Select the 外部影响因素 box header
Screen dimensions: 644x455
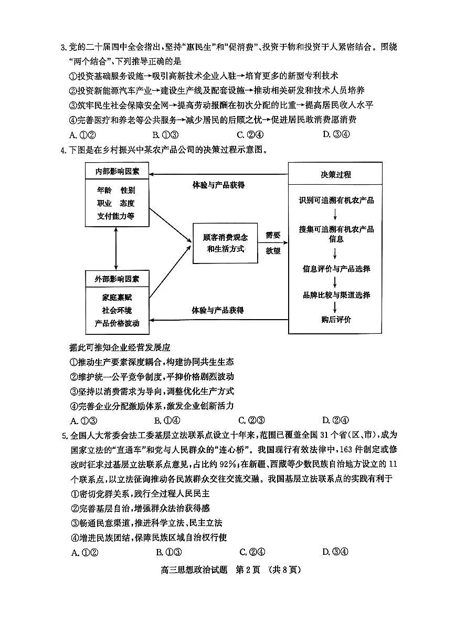117,279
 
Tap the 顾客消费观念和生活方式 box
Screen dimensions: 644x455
225,242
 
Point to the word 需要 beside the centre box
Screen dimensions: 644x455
273,235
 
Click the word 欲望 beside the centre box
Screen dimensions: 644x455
273,250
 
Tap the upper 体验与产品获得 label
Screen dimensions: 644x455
218,185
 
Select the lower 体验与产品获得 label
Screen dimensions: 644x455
218,310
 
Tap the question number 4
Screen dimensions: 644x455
64,151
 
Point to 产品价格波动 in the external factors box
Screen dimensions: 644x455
117,323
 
